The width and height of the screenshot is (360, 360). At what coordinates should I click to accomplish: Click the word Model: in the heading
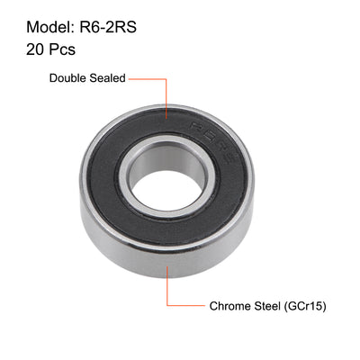point(45,23)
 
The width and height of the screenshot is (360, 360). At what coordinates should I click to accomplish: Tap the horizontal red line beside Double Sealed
point(149,78)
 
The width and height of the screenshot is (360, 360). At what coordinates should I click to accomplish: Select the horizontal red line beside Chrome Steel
point(184,307)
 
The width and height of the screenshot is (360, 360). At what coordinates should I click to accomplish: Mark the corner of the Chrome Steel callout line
point(166,307)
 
